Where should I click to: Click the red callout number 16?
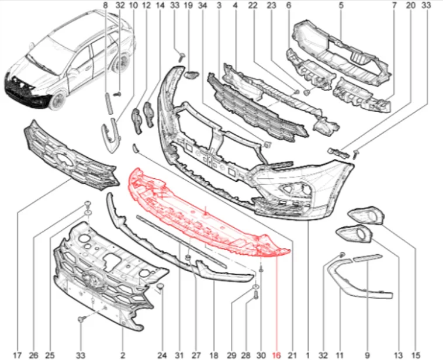click(x=276, y=355)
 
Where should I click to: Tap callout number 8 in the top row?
click(x=105, y=5)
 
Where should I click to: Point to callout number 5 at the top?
click(x=341, y=5)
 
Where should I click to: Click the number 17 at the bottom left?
click(x=17, y=355)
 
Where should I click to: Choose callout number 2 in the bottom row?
click(x=122, y=355)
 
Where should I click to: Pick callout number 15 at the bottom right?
click(x=416, y=355)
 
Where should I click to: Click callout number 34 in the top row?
click(x=203, y=5)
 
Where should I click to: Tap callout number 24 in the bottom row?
click(x=162, y=355)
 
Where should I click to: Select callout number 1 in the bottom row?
click(x=307, y=355)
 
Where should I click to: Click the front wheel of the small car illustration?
click(x=58, y=101)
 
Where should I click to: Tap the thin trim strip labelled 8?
click(x=108, y=103)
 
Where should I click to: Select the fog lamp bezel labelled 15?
click(x=366, y=217)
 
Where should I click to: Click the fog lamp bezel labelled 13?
click(x=354, y=234)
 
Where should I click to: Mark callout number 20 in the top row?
click(x=411, y=5)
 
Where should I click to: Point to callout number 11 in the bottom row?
click(x=340, y=355)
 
